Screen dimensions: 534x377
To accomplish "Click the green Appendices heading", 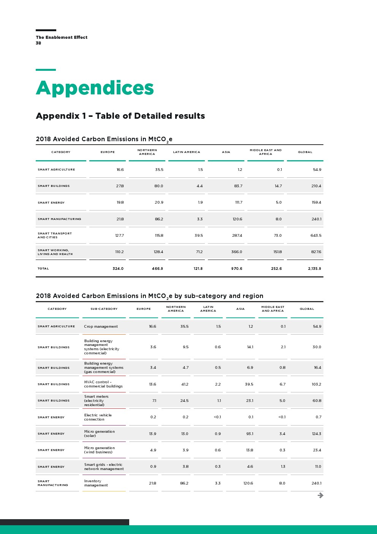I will tap(95, 88).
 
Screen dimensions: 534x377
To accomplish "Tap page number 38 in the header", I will tap(38, 43).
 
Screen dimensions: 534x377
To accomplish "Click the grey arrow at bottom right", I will tap(320, 495).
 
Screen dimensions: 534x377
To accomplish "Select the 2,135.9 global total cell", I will tap(314, 269).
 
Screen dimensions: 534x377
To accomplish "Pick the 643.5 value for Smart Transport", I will tap(316, 236).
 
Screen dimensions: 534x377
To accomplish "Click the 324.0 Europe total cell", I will tap(118, 269).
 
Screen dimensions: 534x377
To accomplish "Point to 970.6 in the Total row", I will tap(236, 269).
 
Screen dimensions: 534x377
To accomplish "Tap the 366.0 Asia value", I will tap(236, 252).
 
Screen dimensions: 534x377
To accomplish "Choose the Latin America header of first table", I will tap(186, 152).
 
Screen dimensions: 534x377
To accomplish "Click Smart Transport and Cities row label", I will tap(54, 236).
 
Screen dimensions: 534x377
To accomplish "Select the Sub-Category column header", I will tap(104, 309).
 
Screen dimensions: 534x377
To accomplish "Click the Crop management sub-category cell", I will tap(101, 327).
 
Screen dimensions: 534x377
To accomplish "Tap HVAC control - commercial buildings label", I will tap(103, 384).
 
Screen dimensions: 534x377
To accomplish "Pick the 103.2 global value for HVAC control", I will tap(316, 384).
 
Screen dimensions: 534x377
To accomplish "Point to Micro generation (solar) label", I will tap(99, 434).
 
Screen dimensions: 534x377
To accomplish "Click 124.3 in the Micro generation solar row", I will tap(316, 434).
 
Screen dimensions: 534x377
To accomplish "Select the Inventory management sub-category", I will tap(96, 483).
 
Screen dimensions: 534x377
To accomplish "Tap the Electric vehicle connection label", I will tap(98, 417).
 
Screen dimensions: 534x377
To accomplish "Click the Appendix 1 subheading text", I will tap(120, 116).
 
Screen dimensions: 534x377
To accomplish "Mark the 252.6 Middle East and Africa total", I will tap(276, 269).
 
